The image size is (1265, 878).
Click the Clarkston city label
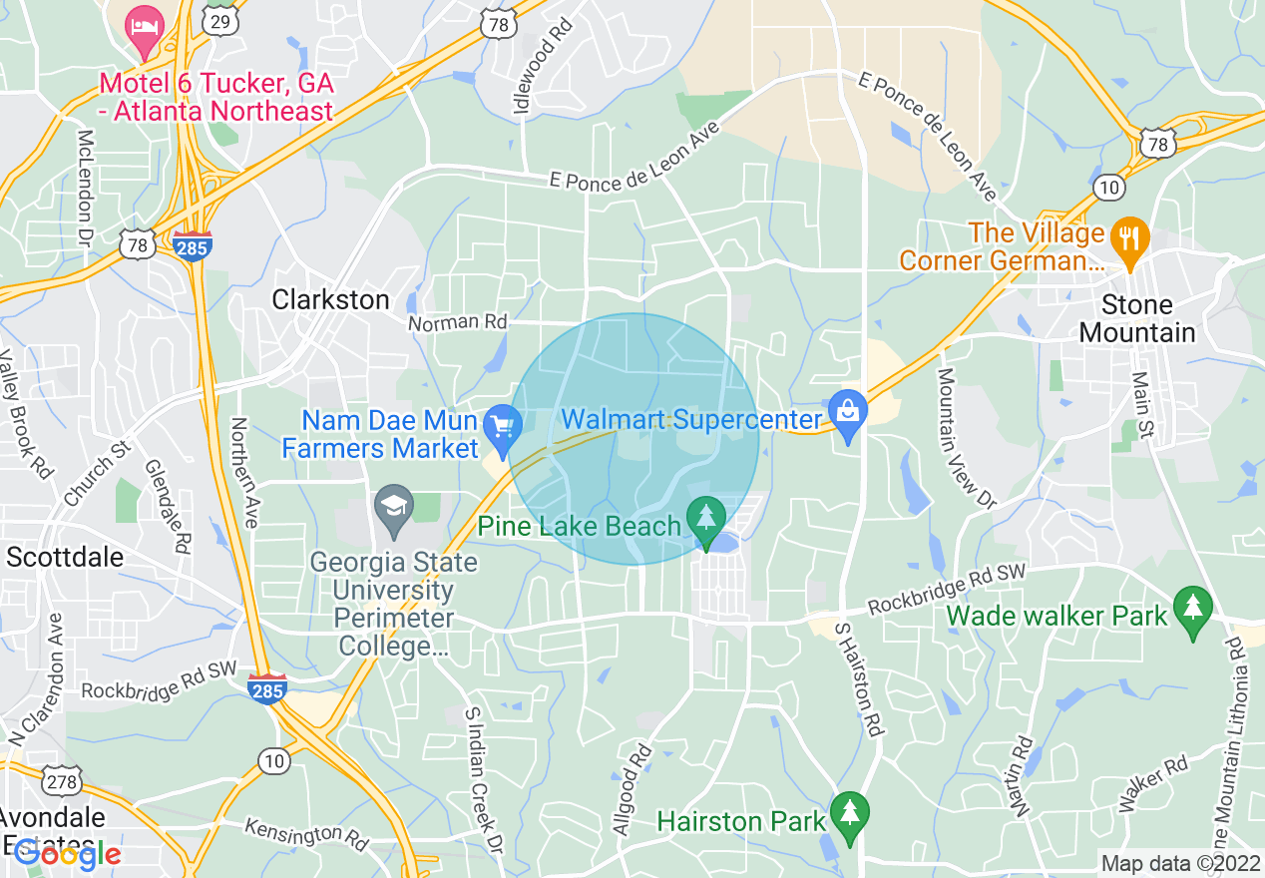click(330, 299)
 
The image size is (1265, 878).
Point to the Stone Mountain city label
click(1136, 318)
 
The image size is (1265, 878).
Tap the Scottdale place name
click(65, 557)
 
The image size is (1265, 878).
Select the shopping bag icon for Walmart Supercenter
click(847, 409)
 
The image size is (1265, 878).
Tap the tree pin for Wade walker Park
click(1192, 608)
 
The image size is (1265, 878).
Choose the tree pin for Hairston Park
click(848, 812)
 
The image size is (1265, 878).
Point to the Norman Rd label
click(458, 322)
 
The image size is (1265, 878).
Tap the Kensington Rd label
click(307, 831)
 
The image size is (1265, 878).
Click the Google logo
click(68, 853)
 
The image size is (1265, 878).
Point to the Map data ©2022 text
click(1177, 863)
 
